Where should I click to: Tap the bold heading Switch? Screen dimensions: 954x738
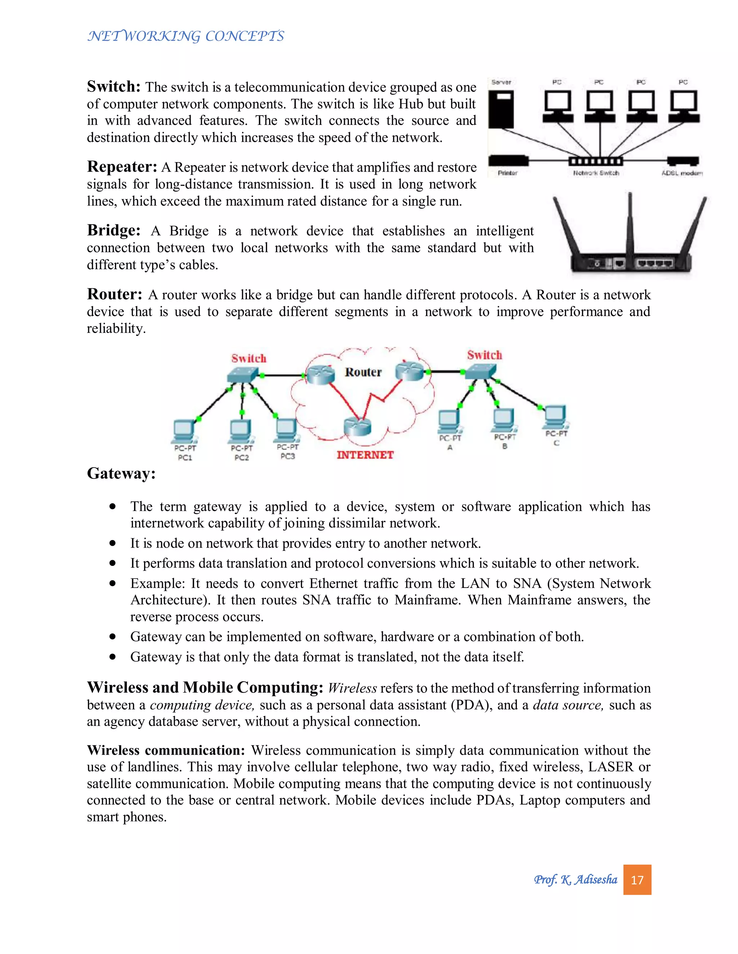point(114,86)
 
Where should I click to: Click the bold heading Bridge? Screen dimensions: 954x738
point(114,230)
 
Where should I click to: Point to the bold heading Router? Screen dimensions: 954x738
point(115,294)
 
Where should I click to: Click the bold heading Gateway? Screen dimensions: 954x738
point(121,473)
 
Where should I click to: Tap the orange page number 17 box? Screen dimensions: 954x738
point(637,879)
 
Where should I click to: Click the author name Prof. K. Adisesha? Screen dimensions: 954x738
point(575,879)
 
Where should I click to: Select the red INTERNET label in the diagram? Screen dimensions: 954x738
point(365,455)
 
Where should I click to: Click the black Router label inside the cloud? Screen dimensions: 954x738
point(363,372)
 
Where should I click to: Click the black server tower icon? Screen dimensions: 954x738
point(501,109)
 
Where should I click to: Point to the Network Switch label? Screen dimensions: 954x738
point(596,173)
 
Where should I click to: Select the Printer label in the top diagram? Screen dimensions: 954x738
point(508,173)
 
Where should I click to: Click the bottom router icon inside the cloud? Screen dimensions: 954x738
point(357,426)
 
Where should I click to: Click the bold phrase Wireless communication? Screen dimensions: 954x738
point(166,750)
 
